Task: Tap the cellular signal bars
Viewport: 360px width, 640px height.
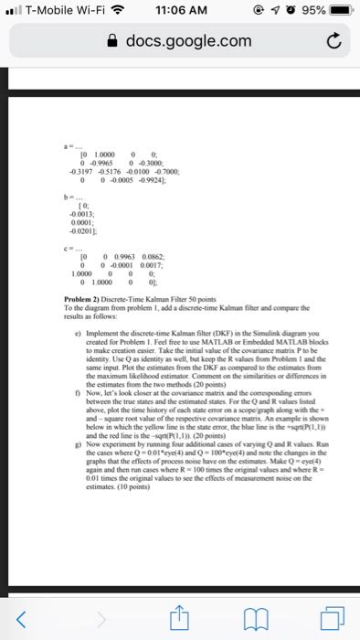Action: (13, 12)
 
